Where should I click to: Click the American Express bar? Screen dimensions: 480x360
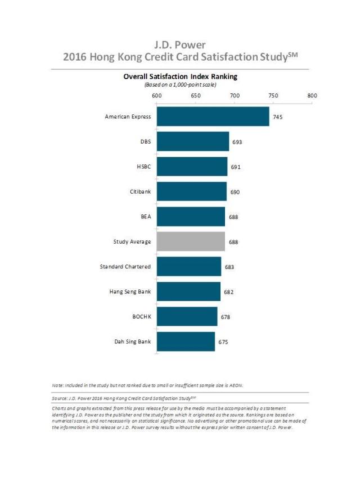[213, 116]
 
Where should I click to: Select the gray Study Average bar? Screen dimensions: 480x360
[191, 241]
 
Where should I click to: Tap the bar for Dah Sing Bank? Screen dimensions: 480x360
[186, 342]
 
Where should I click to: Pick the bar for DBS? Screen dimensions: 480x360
[192, 141]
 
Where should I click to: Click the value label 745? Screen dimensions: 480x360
[277, 117]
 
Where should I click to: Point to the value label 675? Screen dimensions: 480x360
[223, 342]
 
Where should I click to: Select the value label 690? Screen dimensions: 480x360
[235, 192]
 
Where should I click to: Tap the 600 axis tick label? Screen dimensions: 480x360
[157, 96]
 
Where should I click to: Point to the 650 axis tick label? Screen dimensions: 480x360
[196, 96]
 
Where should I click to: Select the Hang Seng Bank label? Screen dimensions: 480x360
[130, 291]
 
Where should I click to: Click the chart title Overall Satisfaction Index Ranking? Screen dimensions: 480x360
[180, 77]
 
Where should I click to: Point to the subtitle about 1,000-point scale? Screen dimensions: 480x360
[180, 84]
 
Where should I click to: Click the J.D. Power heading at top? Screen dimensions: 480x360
[180, 44]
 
